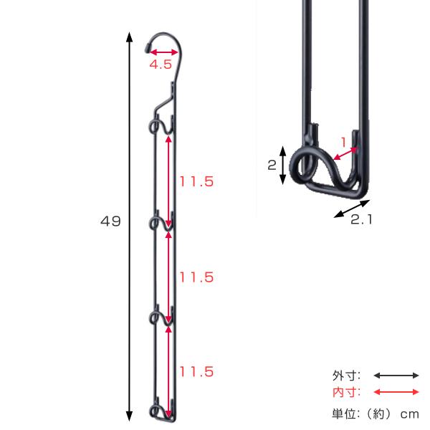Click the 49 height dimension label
(x=110, y=221)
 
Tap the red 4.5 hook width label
(x=161, y=64)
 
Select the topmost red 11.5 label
(x=196, y=181)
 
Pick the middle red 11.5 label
(x=196, y=277)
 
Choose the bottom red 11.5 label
(x=196, y=372)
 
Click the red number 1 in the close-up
(x=343, y=143)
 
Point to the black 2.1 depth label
(x=361, y=219)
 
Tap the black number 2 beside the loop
(x=272, y=165)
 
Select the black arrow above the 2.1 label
(x=352, y=209)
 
